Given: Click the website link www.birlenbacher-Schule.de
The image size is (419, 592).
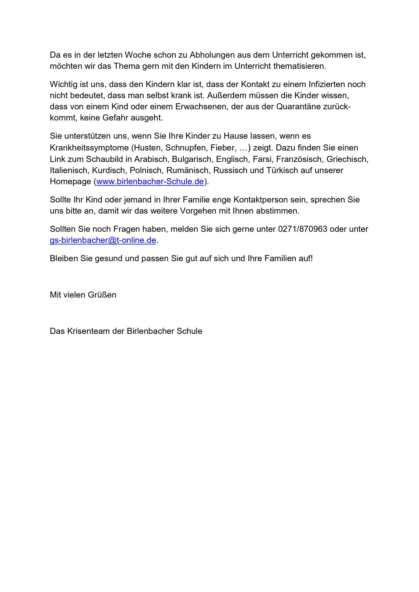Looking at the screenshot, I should coord(150,182).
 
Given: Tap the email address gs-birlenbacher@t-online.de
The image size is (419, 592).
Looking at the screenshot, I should coord(103,240).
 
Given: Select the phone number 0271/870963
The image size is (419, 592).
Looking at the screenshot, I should coord(302,229).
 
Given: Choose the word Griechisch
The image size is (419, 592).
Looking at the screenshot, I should coord(347,159).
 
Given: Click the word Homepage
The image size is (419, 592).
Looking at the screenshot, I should coord(70,182).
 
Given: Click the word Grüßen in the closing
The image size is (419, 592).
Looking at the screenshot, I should coord(102,295).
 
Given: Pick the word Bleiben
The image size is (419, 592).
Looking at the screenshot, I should coord(64,258).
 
